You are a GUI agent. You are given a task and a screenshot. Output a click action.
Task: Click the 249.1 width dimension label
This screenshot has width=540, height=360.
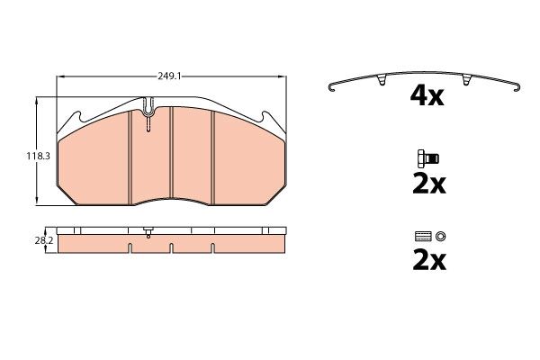click(169, 76)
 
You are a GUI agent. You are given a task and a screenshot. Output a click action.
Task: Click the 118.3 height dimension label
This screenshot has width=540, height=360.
click(38, 156)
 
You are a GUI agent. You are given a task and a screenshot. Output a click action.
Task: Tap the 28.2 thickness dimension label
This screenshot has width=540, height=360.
click(44, 241)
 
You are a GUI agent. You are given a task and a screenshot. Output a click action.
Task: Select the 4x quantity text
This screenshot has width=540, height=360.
click(427, 96)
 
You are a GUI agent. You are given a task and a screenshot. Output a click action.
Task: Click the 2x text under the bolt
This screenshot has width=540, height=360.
click(429, 184)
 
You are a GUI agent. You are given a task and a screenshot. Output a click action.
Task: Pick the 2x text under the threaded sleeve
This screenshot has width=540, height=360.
click(429, 261)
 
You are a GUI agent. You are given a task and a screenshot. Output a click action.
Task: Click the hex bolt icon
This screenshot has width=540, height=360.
click(428, 158)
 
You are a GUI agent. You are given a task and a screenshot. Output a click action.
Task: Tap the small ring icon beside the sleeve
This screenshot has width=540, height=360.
click(440, 237)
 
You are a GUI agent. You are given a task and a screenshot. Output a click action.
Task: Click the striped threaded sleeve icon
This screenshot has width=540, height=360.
click(424, 237)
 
